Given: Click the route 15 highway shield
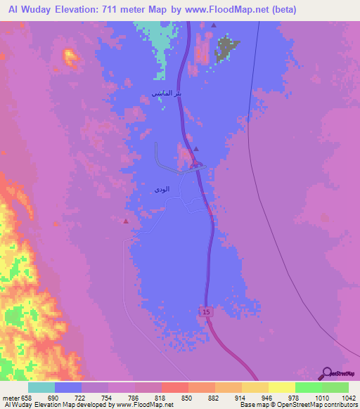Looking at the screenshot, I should click(x=205, y=311).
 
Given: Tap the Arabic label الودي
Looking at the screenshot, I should click(x=161, y=189).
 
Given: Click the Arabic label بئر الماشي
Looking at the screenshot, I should click(x=167, y=93).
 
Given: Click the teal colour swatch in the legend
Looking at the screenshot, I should click(x=41, y=388).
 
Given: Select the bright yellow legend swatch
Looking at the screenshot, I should click(x=282, y=388).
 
